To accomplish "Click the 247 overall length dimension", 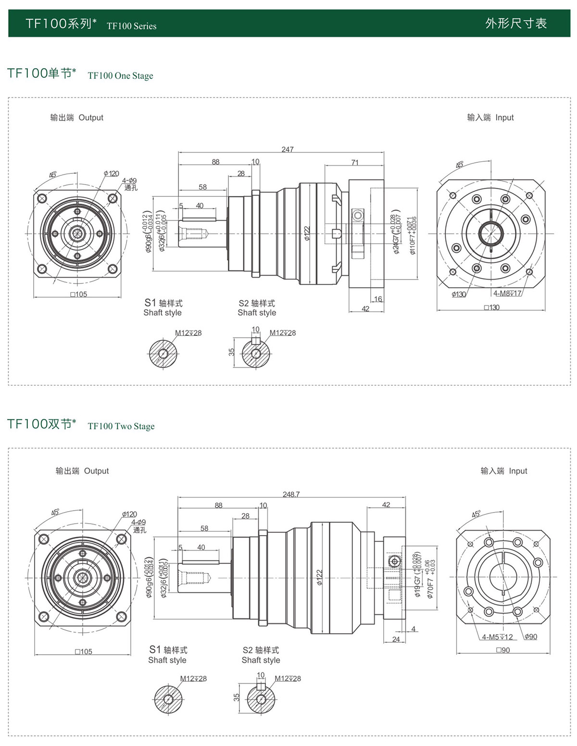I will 288,149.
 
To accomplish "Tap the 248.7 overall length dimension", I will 291,494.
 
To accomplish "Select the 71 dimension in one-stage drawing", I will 355,162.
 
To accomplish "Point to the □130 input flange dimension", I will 492,307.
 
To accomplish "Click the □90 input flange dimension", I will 503,650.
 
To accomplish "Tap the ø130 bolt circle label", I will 459,294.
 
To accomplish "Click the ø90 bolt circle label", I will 531,636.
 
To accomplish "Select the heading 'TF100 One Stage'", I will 120,76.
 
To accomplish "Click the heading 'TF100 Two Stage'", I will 121,427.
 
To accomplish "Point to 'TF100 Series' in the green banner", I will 131,26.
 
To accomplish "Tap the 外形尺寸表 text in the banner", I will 516,24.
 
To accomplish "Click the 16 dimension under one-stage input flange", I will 378,299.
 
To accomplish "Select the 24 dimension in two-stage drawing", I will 396,639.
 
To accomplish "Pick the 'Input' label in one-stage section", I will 504,118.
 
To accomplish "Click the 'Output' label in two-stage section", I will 96,471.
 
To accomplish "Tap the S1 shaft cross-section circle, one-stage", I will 163,354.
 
